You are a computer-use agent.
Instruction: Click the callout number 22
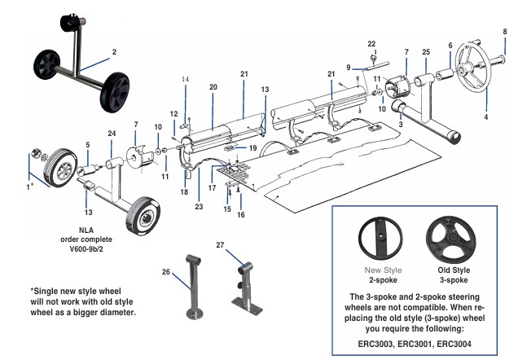[371, 43]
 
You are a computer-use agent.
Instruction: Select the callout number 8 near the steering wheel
[504, 32]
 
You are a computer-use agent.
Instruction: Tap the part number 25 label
[425, 52]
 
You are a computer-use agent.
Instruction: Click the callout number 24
[112, 133]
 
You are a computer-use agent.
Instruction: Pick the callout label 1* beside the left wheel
[31, 187]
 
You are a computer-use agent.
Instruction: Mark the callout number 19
[253, 148]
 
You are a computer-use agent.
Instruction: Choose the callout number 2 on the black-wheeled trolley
[114, 51]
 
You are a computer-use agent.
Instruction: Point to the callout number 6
[449, 46]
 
